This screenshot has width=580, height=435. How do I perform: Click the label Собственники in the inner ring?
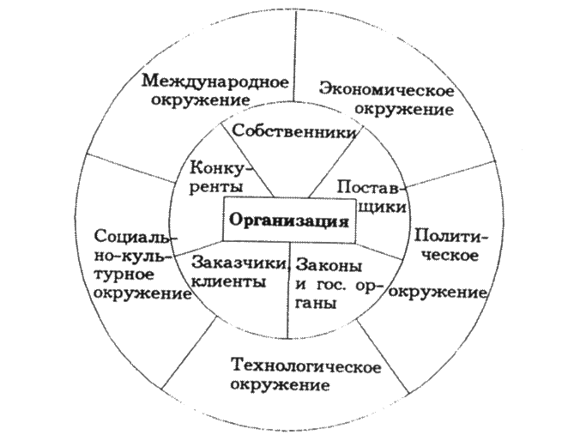[293, 133]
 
